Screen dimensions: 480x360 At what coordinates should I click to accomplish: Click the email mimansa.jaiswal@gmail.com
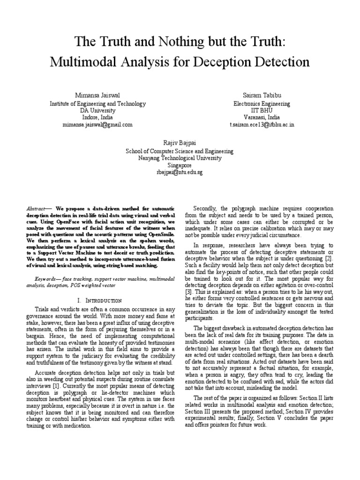[x=97, y=125]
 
